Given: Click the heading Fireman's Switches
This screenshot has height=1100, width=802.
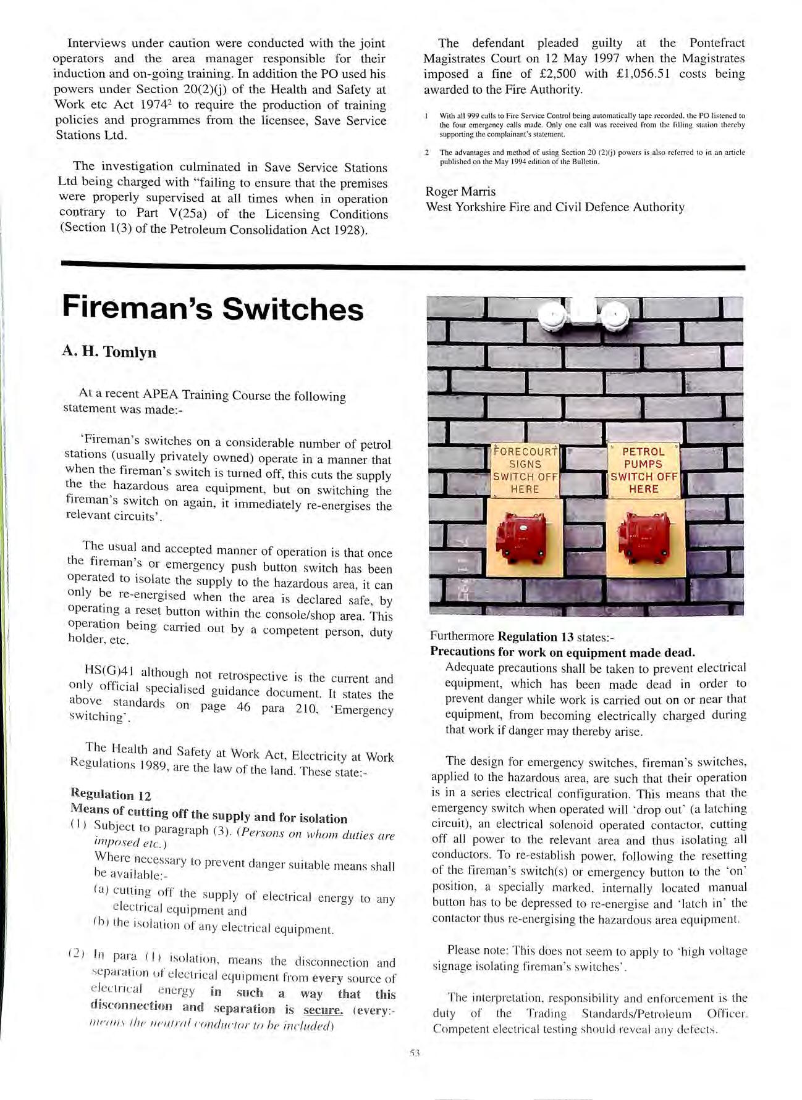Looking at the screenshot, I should tap(213, 309).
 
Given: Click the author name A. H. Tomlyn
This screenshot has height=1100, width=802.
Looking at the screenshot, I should tap(109, 352).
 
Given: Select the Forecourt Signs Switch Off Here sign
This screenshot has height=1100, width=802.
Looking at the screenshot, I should tap(525, 470).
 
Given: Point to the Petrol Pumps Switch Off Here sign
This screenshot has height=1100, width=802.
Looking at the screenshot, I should tap(644, 470).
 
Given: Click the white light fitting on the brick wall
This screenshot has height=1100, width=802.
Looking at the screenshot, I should tap(583, 315).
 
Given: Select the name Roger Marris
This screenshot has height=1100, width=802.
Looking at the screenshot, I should tap(460, 192).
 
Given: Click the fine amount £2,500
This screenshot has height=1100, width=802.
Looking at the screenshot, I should tap(554, 74).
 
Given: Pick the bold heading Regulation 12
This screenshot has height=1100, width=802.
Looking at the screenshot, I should tap(111, 794).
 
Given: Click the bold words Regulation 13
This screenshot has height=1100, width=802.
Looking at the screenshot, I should tap(536, 636).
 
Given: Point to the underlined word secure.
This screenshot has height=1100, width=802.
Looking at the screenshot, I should tap(323, 1010).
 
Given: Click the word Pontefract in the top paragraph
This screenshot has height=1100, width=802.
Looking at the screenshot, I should tap(717, 43).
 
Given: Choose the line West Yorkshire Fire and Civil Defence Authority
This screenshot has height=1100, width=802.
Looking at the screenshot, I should tap(555, 207).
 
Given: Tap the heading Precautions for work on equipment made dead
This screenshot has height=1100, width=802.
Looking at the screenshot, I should tap(562, 652).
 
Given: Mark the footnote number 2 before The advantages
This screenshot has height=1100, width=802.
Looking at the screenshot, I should tap(427, 152).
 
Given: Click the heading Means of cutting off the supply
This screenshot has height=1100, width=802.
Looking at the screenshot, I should tap(208, 814).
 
